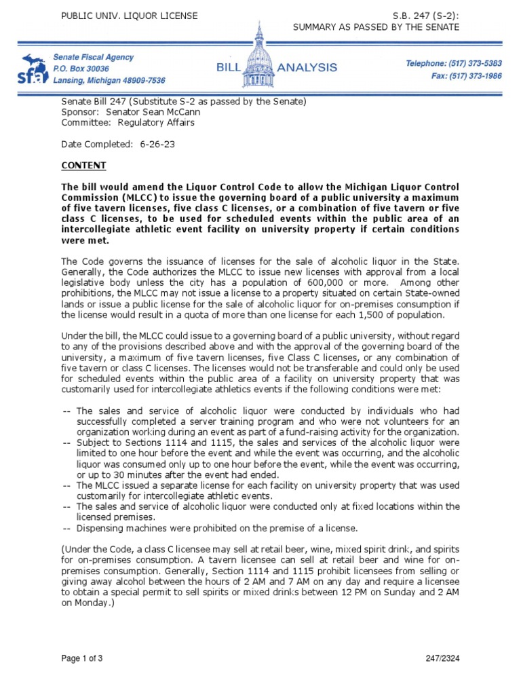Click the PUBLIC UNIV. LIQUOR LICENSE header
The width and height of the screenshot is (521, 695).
click(x=130, y=16)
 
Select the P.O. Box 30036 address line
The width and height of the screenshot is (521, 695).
click(x=81, y=69)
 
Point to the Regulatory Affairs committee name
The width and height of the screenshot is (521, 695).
click(x=156, y=123)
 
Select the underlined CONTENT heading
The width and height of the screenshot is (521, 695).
click(x=83, y=166)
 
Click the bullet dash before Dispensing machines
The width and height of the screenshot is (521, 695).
click(x=67, y=528)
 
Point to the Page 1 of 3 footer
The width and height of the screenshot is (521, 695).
click(x=83, y=658)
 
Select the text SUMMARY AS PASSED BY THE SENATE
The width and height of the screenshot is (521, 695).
click(x=375, y=27)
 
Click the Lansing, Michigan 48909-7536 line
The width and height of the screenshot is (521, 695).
click(x=109, y=80)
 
